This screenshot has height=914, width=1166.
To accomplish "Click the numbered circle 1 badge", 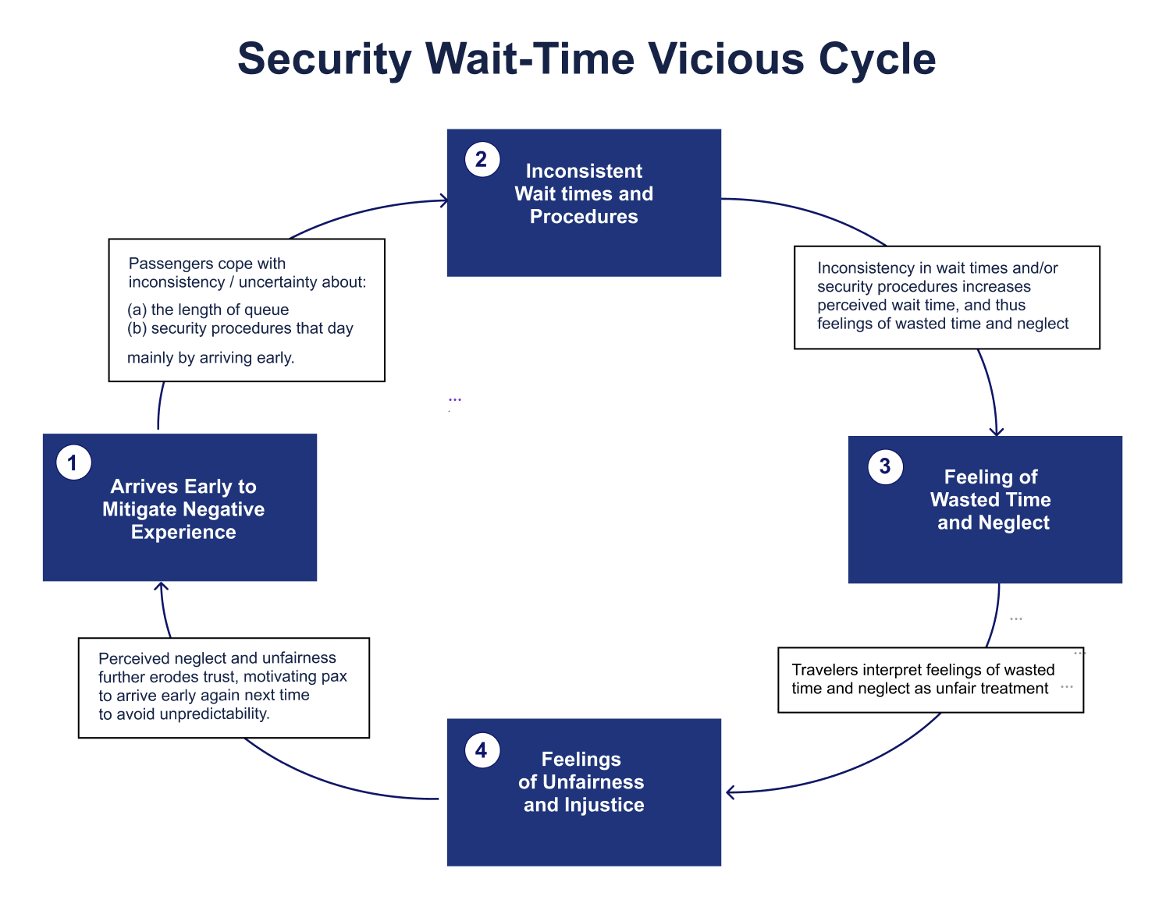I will point(73,463).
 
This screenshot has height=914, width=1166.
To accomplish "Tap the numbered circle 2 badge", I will point(482,160).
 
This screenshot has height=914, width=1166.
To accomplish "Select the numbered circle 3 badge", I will point(885,466).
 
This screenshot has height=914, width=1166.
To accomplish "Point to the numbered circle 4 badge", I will point(482,750).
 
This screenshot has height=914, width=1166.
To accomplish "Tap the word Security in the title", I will point(325,59).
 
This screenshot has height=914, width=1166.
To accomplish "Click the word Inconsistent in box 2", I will point(584,171).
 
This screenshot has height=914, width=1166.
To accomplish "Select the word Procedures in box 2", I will point(584,217).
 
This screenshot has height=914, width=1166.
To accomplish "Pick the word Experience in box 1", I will point(183,532).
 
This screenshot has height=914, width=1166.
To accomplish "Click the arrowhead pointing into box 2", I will point(445,201).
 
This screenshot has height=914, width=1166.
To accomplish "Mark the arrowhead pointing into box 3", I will point(997,431).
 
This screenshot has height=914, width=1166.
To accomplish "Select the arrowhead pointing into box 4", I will point(731,792).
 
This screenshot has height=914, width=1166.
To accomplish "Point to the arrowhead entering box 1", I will point(161,586).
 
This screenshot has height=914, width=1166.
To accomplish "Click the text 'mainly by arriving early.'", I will point(211,358).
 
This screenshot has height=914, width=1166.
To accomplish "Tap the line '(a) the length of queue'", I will point(208,310).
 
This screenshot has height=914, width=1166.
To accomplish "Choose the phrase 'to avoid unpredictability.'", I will point(184,714).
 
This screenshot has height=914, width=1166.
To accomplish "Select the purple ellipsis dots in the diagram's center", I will point(455,399).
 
